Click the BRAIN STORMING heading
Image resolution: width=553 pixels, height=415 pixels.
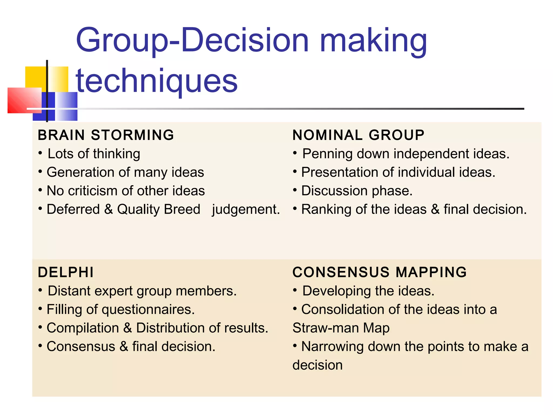106,135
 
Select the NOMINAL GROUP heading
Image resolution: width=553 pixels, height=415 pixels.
358,135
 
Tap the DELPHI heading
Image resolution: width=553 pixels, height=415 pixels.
66,272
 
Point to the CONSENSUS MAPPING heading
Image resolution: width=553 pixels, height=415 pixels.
379,272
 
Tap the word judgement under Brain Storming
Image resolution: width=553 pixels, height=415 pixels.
246,209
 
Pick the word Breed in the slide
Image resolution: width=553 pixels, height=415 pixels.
182,209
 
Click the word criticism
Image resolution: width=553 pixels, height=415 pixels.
93,191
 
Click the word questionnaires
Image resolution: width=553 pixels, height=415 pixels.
148,309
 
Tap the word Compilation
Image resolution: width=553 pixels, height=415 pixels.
83,328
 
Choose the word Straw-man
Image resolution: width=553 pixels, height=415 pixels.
325,328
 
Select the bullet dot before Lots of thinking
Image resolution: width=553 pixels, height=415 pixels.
40,153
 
